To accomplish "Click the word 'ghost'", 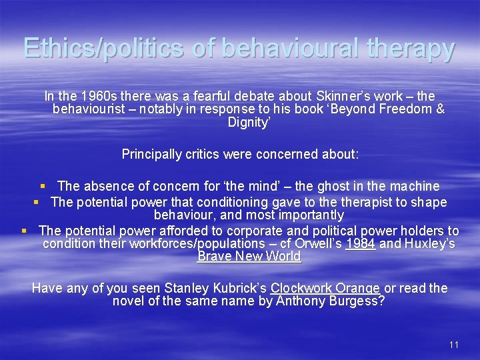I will [327, 186].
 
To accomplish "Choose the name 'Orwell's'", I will [315, 244].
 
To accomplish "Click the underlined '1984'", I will [361, 244].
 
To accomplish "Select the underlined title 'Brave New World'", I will [249, 257].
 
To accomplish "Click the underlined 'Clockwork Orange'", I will [325, 289].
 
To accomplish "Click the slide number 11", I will [454, 345].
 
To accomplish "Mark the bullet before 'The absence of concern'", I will [42, 187].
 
